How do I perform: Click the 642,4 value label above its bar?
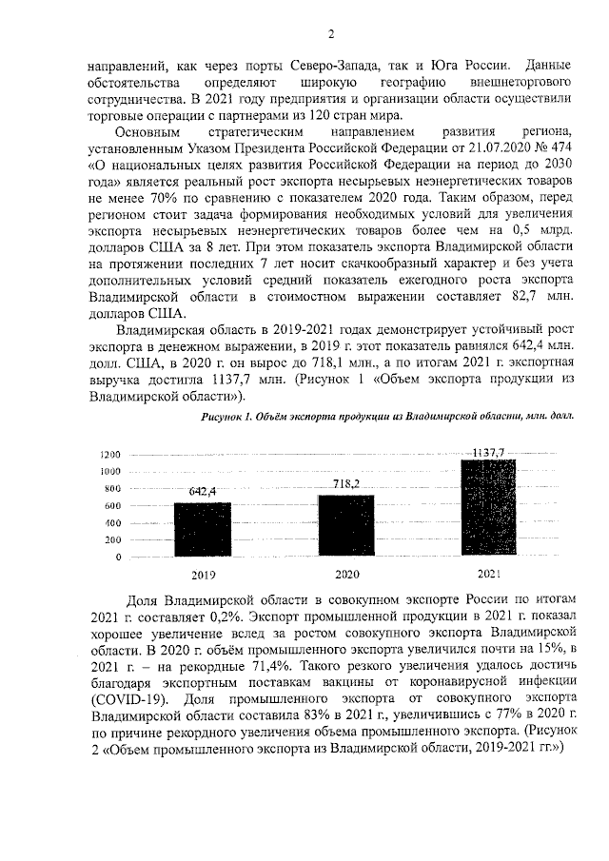tap(203, 491)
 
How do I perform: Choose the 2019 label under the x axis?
tap(203, 576)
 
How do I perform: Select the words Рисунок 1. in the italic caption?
tap(229, 417)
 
